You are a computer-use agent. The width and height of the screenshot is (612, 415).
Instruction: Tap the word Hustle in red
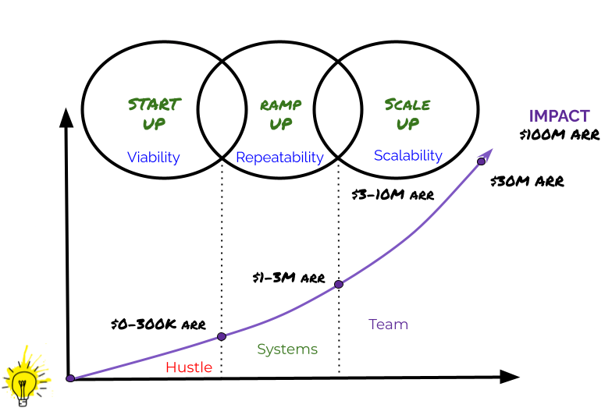(189, 367)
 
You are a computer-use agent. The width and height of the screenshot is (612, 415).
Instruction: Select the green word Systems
(287, 349)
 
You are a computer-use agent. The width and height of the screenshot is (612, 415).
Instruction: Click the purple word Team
(389, 325)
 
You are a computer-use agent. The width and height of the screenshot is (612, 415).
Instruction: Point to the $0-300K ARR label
(158, 325)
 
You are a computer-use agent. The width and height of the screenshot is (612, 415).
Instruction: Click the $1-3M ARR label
(289, 278)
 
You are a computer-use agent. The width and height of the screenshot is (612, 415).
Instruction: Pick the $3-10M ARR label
(393, 195)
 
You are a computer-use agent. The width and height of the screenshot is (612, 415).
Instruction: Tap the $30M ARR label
(528, 181)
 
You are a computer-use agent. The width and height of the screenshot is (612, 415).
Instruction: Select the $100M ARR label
(559, 134)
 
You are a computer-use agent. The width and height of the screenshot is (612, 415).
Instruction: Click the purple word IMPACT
(559, 115)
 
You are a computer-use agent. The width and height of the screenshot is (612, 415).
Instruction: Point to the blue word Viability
(153, 158)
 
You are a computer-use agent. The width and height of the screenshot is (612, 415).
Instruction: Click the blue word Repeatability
(279, 158)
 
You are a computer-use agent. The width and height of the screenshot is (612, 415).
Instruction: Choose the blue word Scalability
(407, 156)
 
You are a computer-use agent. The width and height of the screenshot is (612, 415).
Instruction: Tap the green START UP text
(155, 114)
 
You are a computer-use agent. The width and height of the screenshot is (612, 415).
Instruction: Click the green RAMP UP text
(281, 114)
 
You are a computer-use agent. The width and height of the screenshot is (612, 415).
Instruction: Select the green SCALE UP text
(407, 114)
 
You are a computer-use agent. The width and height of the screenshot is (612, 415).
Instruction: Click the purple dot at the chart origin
(70, 378)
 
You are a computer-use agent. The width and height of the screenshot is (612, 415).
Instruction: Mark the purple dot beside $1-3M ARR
(339, 284)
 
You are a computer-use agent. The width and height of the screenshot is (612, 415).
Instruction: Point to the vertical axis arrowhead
(66, 117)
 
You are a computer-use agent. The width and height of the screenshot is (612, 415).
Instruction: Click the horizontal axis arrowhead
(510, 377)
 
